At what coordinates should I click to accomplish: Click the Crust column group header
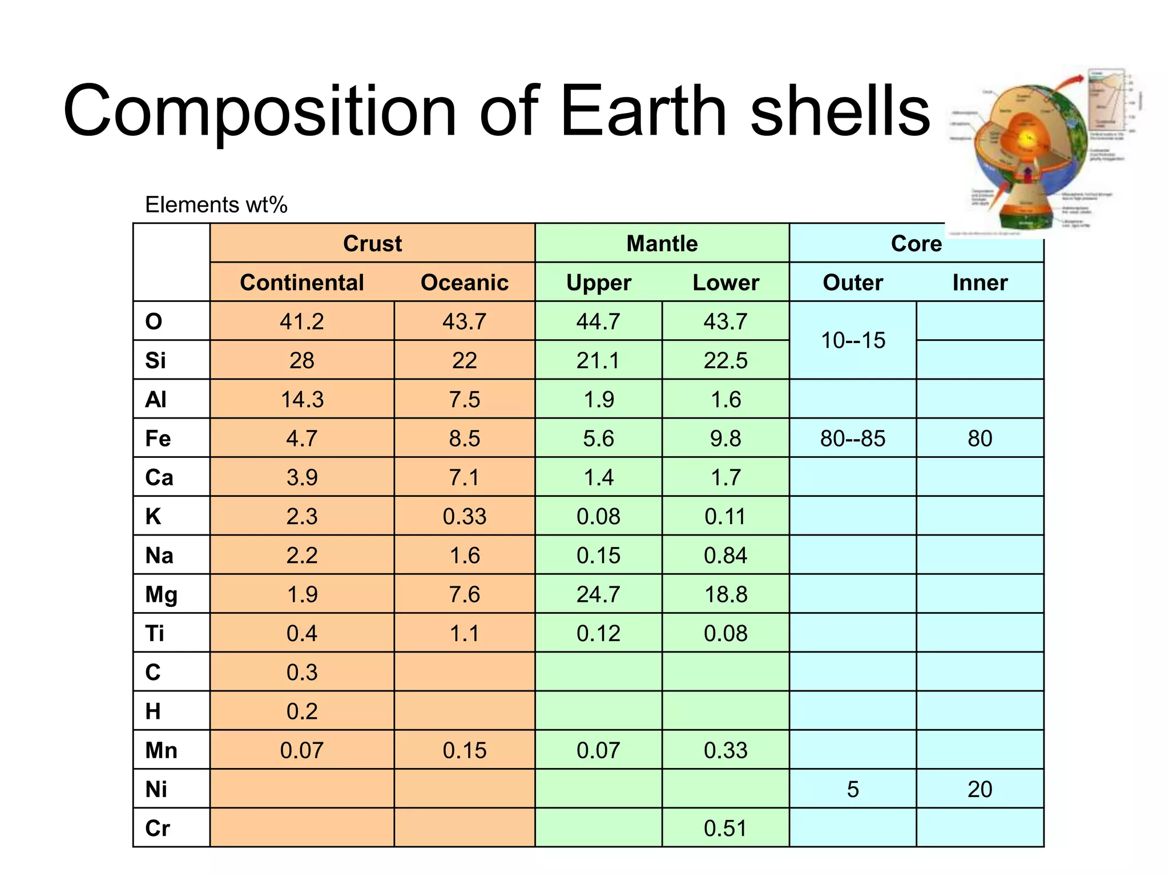pos(372,244)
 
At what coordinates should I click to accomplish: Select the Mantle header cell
pos(662,244)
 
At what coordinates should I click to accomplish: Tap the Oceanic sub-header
pos(464,283)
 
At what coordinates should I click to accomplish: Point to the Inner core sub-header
pos(979,283)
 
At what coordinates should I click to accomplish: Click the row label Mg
pos(161,594)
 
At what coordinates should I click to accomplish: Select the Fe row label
pos(158,438)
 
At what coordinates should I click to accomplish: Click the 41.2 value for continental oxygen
pos(301,321)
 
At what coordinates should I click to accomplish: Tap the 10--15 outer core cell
pos(853,340)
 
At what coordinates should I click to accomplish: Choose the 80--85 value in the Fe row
pos(853,438)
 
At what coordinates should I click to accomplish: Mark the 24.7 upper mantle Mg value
pos(598,594)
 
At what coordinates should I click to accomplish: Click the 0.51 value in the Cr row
pos(725,828)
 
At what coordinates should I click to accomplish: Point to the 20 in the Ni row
pos(979,789)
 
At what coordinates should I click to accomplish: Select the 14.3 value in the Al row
pos(301,400)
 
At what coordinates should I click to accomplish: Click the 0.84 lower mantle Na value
pos(725,556)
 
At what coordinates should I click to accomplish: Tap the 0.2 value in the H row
pos(301,711)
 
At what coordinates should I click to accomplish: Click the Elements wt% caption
pos(216,204)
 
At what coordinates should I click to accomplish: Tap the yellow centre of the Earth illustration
pos(1027,138)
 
